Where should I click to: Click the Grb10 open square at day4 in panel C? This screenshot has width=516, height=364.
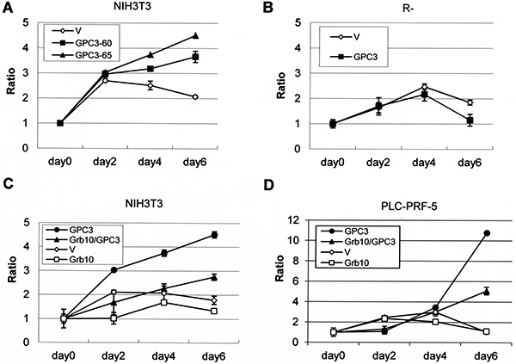point(163,302)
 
